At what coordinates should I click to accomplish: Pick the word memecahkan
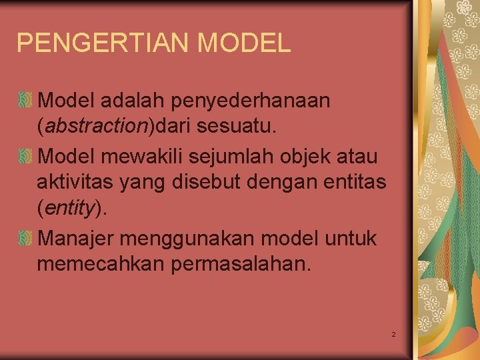(x=100, y=263)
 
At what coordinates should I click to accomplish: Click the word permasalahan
(x=241, y=263)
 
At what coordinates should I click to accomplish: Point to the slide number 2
(x=394, y=333)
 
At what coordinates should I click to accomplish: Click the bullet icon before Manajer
(x=25, y=238)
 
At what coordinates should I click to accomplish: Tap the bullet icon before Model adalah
(x=25, y=101)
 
